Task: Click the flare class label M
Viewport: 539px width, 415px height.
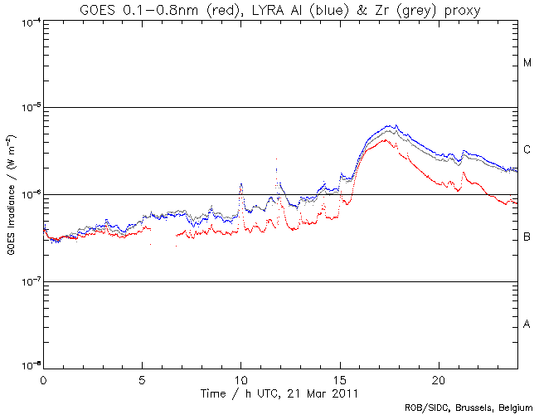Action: click(527, 63)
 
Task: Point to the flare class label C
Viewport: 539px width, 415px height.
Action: click(527, 150)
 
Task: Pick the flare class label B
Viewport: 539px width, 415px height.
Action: click(527, 237)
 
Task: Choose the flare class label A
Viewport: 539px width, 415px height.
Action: click(527, 325)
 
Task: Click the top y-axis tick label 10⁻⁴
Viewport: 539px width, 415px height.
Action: click(27, 21)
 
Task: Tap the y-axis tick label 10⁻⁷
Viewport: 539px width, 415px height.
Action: click(27, 282)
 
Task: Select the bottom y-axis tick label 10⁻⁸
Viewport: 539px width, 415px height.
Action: click(27, 366)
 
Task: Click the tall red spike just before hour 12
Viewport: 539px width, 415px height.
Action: click(276, 159)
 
